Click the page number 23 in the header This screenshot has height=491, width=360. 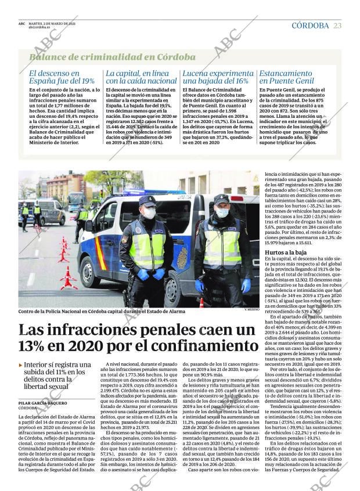tap(337, 26)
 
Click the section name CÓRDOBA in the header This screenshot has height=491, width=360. tap(310, 26)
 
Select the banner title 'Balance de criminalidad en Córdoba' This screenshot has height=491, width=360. tap(112, 57)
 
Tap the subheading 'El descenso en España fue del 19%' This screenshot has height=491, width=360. tap(62, 77)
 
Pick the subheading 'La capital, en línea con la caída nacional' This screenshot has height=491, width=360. tap(141, 77)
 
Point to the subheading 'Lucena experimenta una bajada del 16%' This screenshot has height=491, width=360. tap(218, 77)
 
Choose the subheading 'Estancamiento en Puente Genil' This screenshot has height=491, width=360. tap(286, 77)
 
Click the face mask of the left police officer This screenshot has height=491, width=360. tap(149, 214)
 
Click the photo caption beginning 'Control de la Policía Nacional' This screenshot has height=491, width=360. tap(102, 312)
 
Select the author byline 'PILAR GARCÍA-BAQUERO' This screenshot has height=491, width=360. tap(42, 403)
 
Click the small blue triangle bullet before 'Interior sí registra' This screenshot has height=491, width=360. tap(21, 364)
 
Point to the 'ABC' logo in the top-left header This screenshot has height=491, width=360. tap(21, 24)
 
